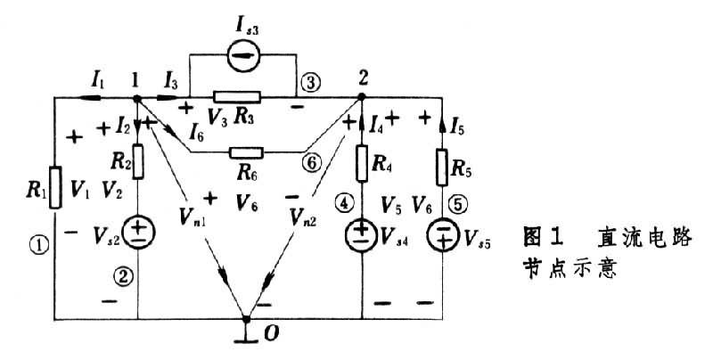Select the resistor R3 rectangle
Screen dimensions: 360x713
[236, 96]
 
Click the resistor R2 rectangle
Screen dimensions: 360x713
[139, 163]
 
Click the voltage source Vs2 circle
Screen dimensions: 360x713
[139, 233]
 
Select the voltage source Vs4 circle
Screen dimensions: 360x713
[363, 235]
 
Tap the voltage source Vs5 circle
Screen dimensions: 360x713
[443, 235]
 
